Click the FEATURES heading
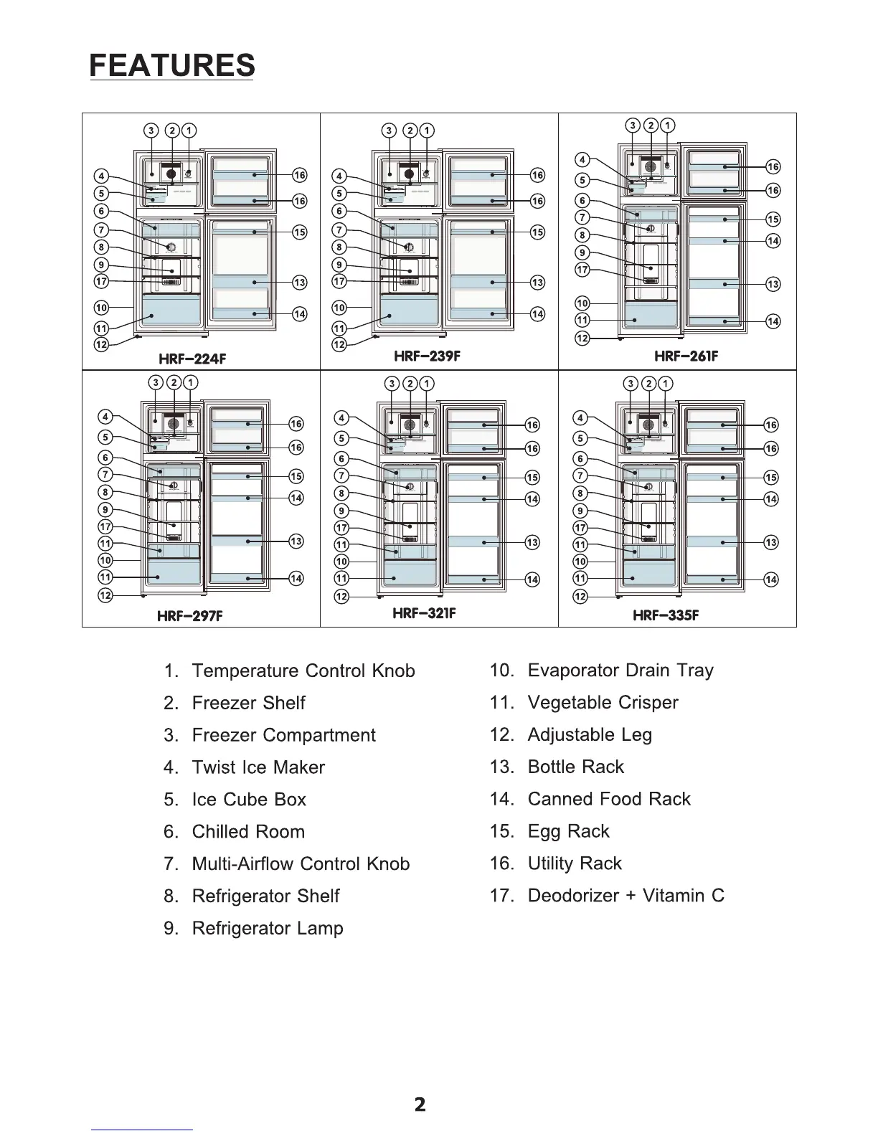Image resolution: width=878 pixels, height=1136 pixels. click(172, 65)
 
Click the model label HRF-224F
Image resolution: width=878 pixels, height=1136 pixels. click(192, 359)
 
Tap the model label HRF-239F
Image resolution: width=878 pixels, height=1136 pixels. click(428, 356)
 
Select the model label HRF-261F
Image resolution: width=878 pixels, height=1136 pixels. click(686, 356)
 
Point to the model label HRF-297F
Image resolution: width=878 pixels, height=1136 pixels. click(189, 616)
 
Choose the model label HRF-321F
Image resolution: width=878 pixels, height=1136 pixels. click(424, 613)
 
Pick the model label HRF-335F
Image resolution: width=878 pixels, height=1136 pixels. click(666, 615)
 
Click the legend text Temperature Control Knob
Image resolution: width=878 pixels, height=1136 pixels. click(303, 671)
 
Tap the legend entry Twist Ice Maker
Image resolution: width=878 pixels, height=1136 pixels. click(258, 767)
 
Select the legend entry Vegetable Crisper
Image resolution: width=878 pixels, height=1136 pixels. click(603, 703)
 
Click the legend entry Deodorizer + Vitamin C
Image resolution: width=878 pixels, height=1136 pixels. click(626, 896)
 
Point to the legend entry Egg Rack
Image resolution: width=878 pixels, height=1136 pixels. click(568, 831)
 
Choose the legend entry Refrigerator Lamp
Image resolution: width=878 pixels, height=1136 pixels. click(268, 928)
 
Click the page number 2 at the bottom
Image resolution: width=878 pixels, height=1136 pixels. click(420, 1104)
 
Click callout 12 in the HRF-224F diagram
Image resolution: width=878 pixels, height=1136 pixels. click(101, 345)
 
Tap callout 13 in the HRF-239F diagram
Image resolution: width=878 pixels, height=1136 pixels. click(537, 283)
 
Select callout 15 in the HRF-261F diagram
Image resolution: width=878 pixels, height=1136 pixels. click(773, 219)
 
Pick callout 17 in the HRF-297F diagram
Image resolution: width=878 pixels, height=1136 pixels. click(105, 527)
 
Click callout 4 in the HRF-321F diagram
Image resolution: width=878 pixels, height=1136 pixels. click(342, 418)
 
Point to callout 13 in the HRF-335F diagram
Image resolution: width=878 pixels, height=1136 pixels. click(770, 543)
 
